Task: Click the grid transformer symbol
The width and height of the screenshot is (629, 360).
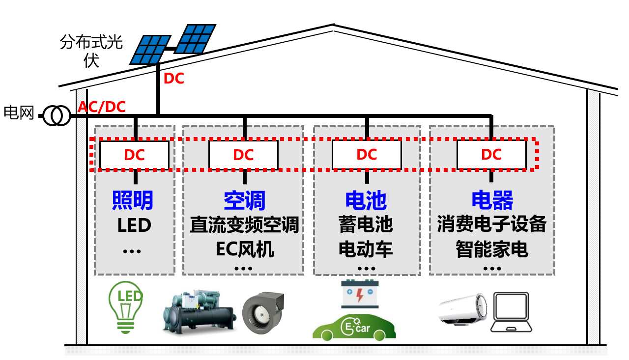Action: [x=56, y=116]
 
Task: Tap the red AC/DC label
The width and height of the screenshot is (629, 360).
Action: [x=102, y=107]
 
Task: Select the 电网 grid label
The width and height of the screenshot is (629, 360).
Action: [x=19, y=113]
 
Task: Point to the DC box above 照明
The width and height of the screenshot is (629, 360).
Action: [x=134, y=155]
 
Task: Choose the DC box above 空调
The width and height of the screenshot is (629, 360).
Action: [x=243, y=155]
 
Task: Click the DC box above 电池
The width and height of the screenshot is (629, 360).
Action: [x=367, y=154]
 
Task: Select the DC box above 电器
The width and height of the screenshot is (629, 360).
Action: [x=491, y=154]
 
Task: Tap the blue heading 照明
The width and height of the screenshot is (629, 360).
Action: [x=133, y=200]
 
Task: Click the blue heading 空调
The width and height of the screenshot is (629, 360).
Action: [x=244, y=200]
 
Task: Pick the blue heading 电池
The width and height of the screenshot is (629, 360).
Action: [x=366, y=200]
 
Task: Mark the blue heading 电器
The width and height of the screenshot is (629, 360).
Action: [x=492, y=200]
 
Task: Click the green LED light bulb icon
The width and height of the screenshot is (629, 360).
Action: [x=125, y=307]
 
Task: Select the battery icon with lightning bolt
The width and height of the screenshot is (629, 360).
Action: [x=359, y=295]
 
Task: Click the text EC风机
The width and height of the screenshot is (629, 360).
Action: [x=245, y=249]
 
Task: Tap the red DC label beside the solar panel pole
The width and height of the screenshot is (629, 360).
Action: [x=173, y=79]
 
